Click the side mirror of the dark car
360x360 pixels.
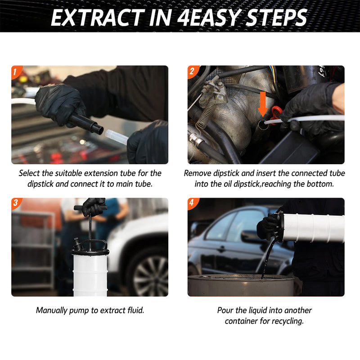248,236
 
